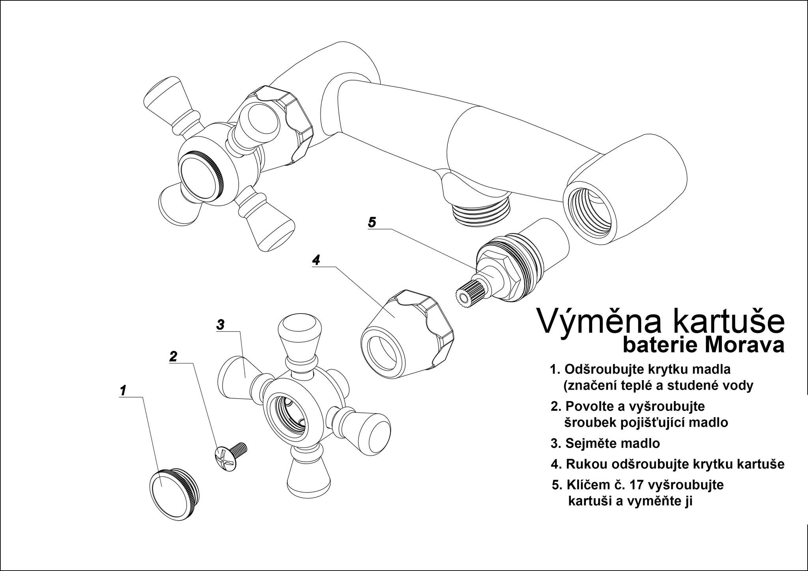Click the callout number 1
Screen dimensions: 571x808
123,390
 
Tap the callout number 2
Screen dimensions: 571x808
173,356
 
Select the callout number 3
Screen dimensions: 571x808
220,325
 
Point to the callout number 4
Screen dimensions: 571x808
316,260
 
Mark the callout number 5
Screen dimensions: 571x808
372,222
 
